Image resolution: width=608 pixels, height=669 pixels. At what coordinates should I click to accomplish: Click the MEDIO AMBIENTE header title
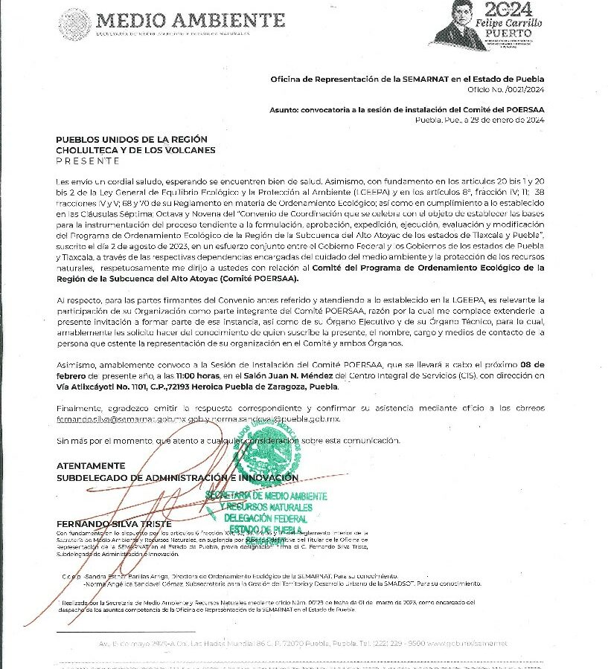[x=191, y=19]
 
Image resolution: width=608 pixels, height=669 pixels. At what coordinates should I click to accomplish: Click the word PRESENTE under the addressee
[x=87, y=161]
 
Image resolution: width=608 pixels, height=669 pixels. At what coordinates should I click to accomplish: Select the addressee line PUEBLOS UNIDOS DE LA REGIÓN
[x=132, y=140]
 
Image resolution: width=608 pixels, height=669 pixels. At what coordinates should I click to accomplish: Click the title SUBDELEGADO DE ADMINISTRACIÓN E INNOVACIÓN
[x=177, y=477]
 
